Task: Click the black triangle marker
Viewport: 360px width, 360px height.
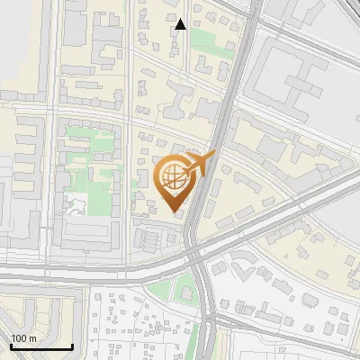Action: click(x=181, y=24)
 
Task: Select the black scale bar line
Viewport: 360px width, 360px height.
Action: click(x=41, y=346)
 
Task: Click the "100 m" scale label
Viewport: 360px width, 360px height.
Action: click(x=23, y=338)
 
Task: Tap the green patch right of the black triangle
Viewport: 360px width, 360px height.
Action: click(x=203, y=38)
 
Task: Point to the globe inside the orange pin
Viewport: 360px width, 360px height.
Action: click(x=174, y=178)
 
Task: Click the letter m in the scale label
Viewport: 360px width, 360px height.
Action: click(x=32, y=338)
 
